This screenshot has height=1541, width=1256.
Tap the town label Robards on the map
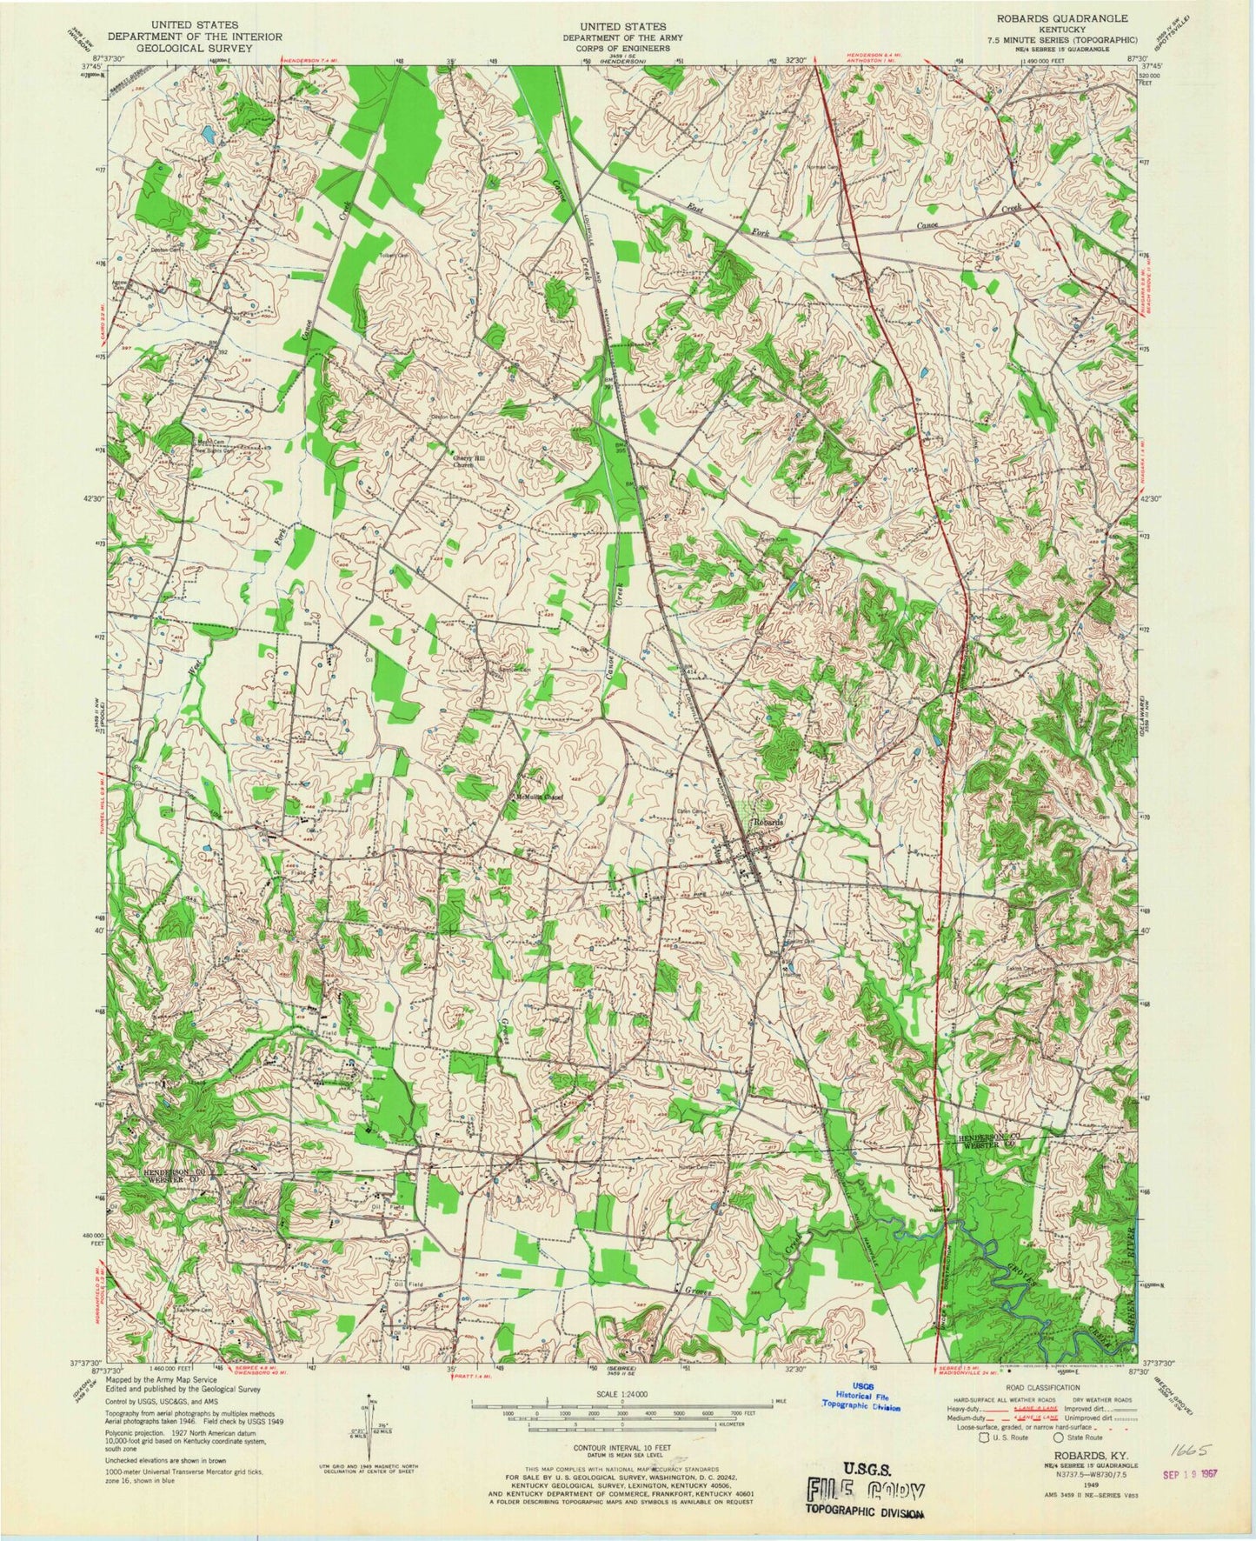pyautogui.click(x=768, y=822)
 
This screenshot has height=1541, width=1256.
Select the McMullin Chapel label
pyautogui.click(x=536, y=795)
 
